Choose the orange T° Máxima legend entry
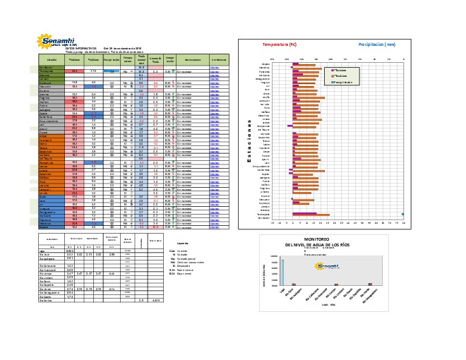pos(340,75)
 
